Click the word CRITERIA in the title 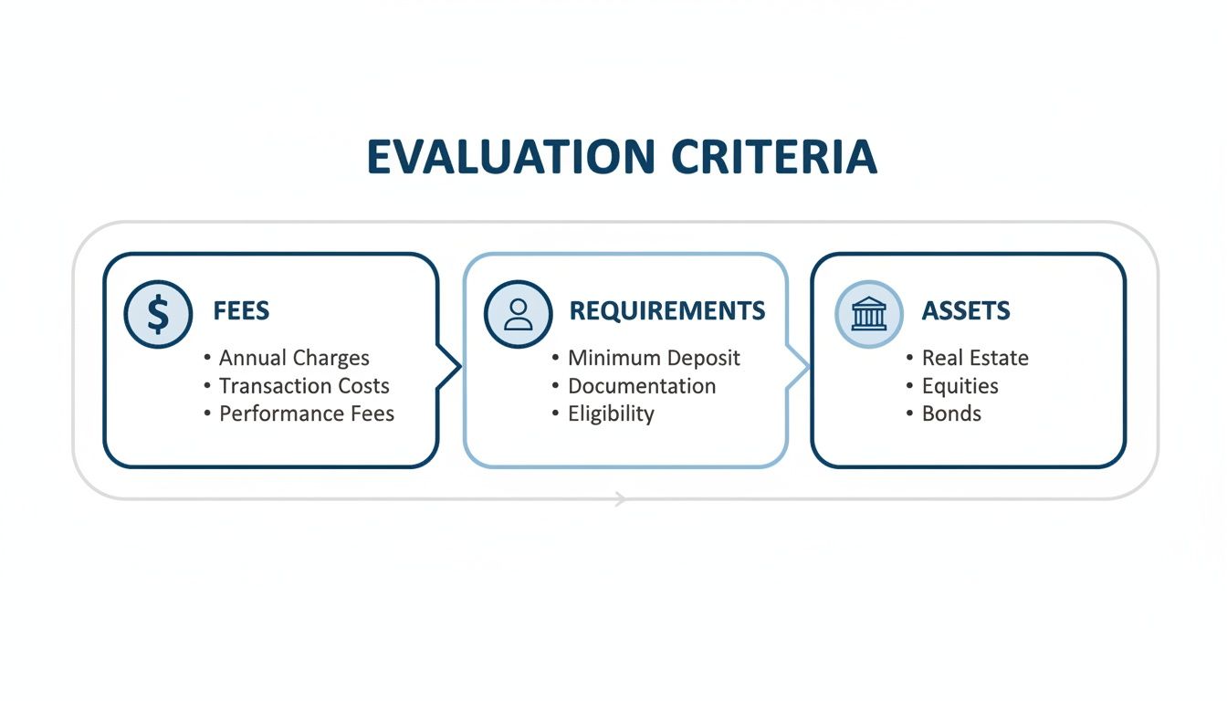pyautogui.click(x=773, y=157)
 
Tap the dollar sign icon pyautogui.click(x=158, y=314)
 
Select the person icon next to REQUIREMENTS pyautogui.click(x=518, y=314)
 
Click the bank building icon pyautogui.click(x=868, y=314)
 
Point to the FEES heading pyautogui.click(x=241, y=311)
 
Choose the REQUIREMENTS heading pyautogui.click(x=666, y=311)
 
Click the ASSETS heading pyautogui.click(x=965, y=311)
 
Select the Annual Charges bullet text pyautogui.click(x=294, y=358)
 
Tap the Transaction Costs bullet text pyautogui.click(x=304, y=386)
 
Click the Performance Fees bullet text pyautogui.click(x=307, y=413)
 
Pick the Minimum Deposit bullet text pyautogui.click(x=654, y=358)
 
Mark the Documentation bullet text pyautogui.click(x=642, y=386)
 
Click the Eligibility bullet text pyautogui.click(x=611, y=413)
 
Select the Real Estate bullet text pyautogui.click(x=975, y=358)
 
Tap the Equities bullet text pyautogui.click(x=960, y=386)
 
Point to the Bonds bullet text pyautogui.click(x=951, y=413)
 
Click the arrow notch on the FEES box pyautogui.click(x=450, y=367)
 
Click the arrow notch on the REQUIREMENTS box pyautogui.click(x=799, y=367)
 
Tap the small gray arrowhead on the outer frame pyautogui.click(x=621, y=498)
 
